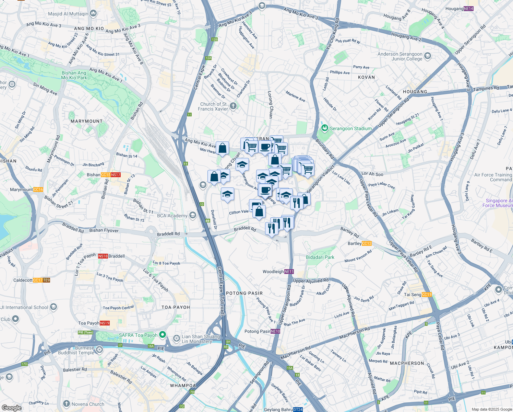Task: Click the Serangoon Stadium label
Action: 350,128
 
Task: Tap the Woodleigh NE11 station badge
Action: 289,272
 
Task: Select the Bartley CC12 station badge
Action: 367,243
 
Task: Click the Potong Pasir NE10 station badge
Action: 275,331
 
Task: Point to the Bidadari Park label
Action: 320,257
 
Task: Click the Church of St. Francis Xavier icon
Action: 233,106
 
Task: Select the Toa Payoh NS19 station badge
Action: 105,323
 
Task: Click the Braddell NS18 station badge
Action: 103,256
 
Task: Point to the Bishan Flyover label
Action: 104,230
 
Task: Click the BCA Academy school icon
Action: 193,215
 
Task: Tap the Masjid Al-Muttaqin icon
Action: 93,13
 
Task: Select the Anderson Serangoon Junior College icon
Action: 428,56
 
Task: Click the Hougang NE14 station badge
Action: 468,9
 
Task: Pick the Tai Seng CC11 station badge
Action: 427,295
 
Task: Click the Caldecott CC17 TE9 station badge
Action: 41,280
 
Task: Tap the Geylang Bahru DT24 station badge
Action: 298,410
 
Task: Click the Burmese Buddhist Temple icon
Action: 99,350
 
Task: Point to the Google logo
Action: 11,408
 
